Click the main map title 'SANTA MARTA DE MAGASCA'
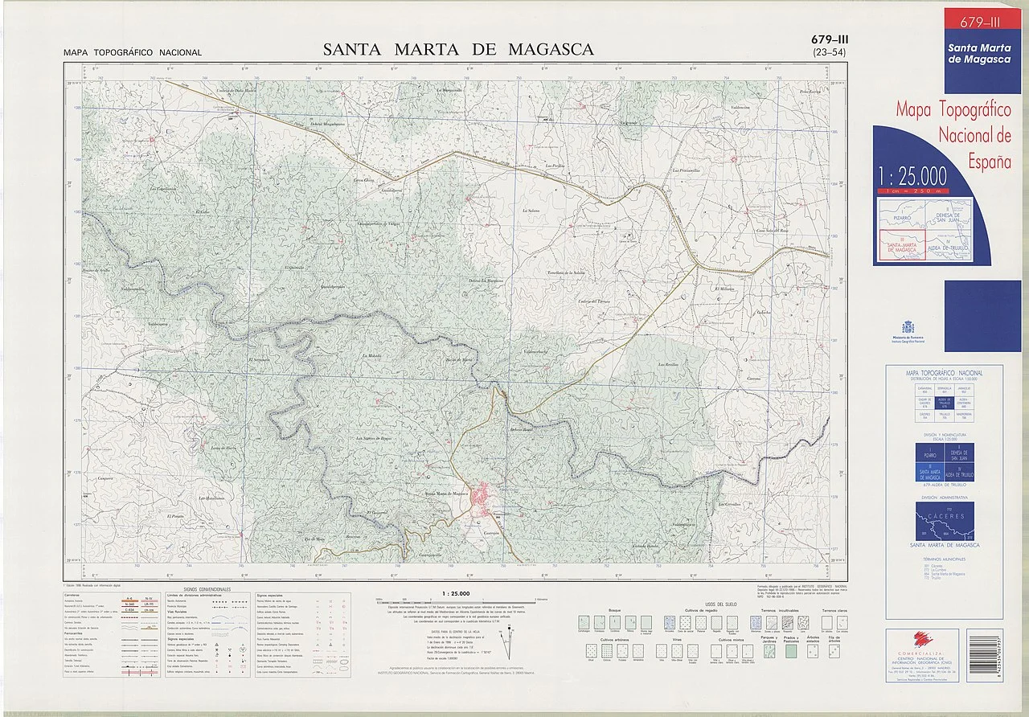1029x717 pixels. (458, 50)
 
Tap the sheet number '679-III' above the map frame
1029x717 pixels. (830, 39)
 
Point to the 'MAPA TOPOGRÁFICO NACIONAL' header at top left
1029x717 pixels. (133, 53)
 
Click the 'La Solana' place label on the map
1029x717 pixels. (531, 211)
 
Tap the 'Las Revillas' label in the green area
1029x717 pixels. (670, 364)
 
